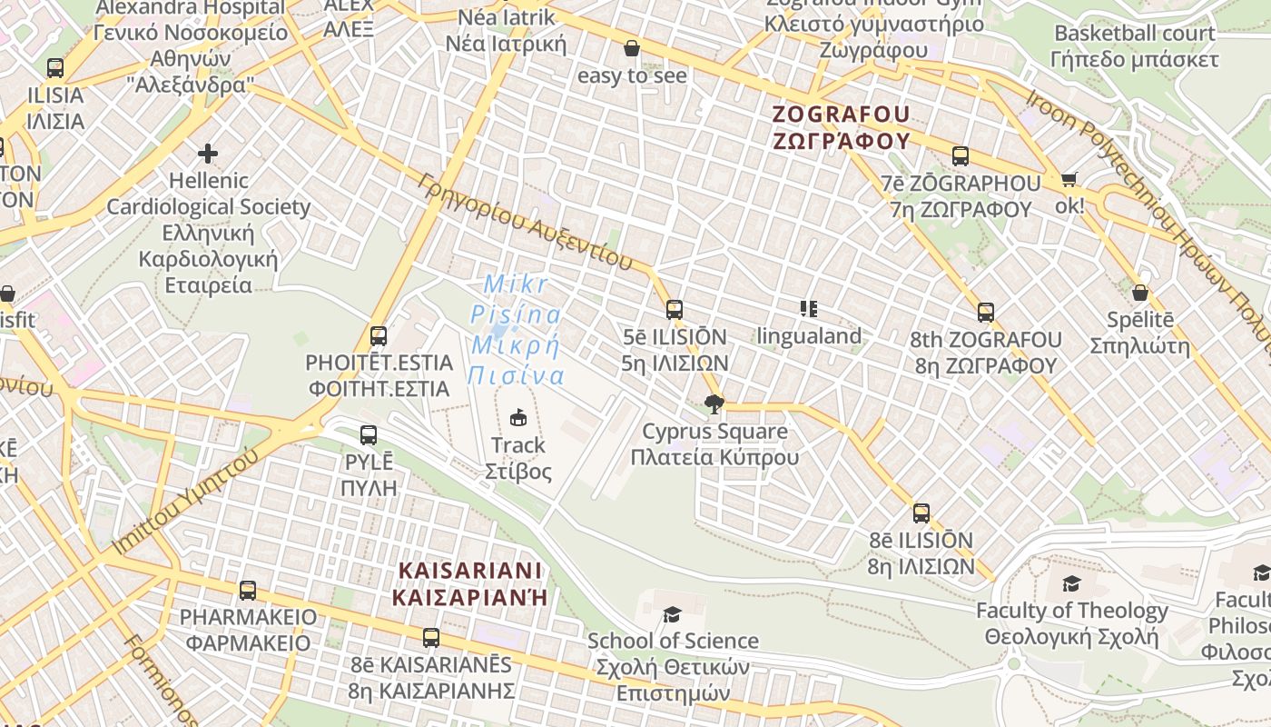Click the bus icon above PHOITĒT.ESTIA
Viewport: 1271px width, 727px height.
(x=379, y=336)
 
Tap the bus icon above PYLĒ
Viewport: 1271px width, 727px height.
(x=368, y=435)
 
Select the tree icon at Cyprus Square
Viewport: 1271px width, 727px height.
(x=714, y=404)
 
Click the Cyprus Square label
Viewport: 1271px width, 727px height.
(x=714, y=443)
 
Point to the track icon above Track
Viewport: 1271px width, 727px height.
(x=518, y=417)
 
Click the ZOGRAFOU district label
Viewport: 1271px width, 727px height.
(x=840, y=127)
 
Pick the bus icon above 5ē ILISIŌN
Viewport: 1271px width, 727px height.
(x=674, y=310)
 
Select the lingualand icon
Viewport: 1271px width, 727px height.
(x=809, y=309)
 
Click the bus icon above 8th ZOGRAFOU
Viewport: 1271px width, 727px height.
(x=986, y=313)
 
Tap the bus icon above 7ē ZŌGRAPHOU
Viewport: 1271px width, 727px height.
(x=961, y=156)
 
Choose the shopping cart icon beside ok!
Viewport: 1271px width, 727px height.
(x=1069, y=180)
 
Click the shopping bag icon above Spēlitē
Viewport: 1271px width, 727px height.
(x=1140, y=293)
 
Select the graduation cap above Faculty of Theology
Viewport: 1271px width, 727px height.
(x=1071, y=583)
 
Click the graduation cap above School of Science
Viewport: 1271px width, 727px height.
(x=672, y=614)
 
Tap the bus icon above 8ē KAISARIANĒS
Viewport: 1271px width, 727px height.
(x=431, y=638)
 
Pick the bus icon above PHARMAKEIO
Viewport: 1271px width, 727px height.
(x=248, y=591)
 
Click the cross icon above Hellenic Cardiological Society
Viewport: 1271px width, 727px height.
(x=208, y=153)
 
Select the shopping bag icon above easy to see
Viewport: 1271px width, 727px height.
(x=632, y=48)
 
